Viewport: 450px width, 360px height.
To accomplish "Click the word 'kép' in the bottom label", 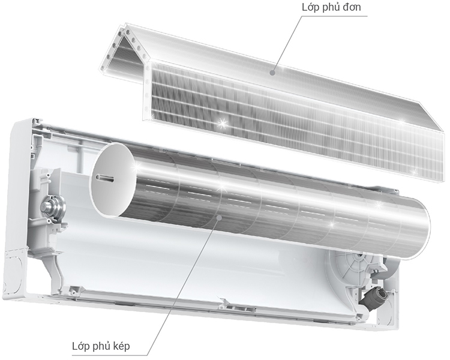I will (119, 346).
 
